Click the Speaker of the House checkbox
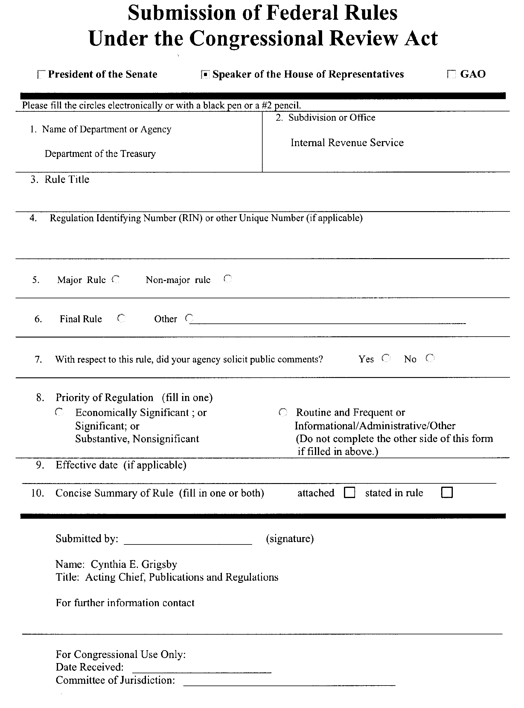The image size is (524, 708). click(205, 75)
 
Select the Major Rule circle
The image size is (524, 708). click(116, 279)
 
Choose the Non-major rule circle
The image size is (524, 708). click(228, 279)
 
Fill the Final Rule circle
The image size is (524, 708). click(121, 318)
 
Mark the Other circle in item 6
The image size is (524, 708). click(189, 318)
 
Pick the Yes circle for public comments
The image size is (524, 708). click(386, 358)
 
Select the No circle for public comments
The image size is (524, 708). click(430, 358)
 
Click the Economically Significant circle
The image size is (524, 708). click(59, 412)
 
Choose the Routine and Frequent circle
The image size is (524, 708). click(283, 412)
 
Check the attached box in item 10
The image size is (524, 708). click(350, 493)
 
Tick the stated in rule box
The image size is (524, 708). click(447, 493)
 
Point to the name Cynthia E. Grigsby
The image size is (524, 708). click(134, 564)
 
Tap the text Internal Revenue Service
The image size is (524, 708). click(347, 143)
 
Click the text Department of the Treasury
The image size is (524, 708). click(100, 154)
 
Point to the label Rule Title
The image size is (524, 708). click(67, 179)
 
